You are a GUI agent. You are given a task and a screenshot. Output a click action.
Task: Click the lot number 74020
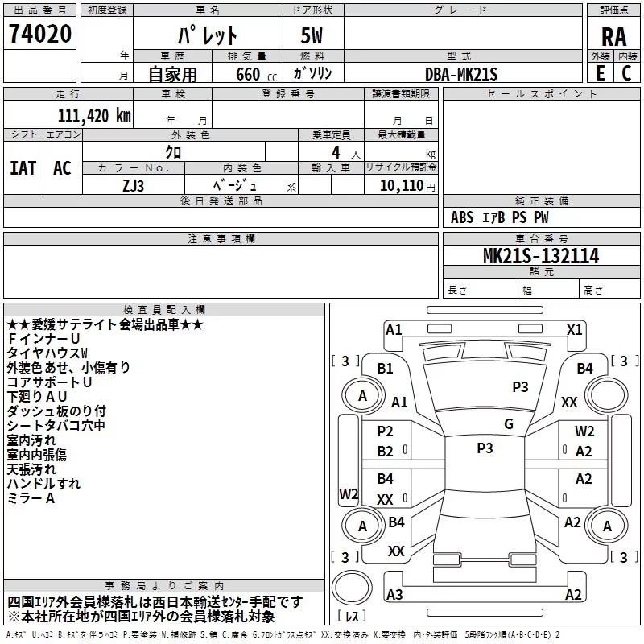click(x=40, y=34)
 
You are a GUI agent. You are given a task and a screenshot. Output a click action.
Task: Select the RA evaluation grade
click(x=613, y=37)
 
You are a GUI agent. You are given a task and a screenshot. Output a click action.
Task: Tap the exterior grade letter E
click(x=601, y=73)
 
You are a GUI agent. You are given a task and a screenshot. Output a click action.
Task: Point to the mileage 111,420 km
click(x=94, y=116)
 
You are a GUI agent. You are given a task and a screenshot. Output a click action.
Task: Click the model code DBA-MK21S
click(x=460, y=74)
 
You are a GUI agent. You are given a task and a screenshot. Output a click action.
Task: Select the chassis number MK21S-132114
click(x=541, y=256)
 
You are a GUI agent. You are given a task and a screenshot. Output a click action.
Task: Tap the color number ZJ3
click(x=133, y=186)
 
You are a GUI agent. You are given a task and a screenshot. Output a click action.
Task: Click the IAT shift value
click(x=23, y=168)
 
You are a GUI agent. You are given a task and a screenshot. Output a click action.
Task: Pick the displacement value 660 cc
click(x=256, y=75)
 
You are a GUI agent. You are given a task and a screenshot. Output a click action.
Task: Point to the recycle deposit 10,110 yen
click(x=407, y=186)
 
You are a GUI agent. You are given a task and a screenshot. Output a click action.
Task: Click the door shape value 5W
click(x=312, y=36)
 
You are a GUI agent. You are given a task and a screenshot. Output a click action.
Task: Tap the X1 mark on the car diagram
click(x=574, y=330)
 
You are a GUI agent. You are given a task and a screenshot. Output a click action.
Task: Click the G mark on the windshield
click(x=509, y=424)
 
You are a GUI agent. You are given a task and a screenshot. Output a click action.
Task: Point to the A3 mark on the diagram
click(x=394, y=594)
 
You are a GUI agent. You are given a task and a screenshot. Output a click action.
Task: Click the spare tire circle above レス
click(x=352, y=588)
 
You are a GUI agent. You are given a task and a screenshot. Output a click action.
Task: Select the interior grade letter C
click(x=626, y=73)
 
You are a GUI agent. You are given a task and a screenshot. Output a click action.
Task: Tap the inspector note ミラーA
click(x=31, y=498)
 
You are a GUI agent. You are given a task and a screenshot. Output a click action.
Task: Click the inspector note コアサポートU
click(x=49, y=382)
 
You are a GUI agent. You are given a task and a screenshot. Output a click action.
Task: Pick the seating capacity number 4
click(x=336, y=152)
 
